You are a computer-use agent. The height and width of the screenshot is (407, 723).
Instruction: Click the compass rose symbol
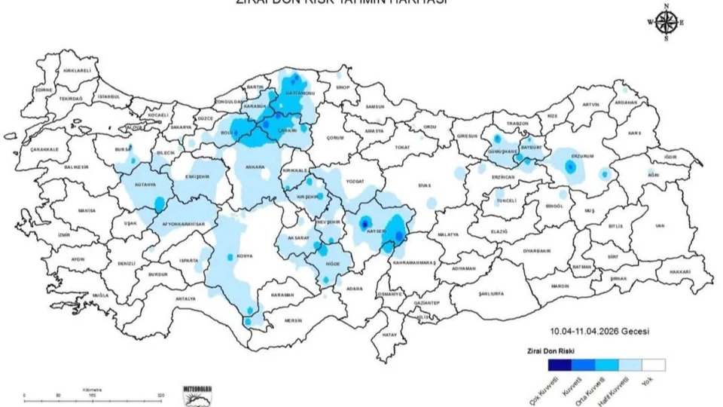666,23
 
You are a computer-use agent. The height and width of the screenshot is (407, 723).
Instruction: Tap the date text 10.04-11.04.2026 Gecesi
599,331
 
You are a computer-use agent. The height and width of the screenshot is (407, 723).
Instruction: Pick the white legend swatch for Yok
654,365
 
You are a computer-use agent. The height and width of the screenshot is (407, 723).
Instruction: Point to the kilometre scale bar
92,394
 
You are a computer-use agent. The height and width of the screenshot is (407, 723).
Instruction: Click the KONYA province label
245,256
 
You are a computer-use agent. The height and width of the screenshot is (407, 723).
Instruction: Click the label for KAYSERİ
376,231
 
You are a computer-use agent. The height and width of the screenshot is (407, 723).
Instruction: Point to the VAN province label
660,225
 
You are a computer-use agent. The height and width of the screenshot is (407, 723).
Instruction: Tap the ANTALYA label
185,298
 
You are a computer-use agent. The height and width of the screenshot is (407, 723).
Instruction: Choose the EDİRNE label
44,89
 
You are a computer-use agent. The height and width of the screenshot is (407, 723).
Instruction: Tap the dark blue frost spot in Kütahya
159,202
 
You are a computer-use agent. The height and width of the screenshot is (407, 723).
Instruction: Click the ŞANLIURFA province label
490,293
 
